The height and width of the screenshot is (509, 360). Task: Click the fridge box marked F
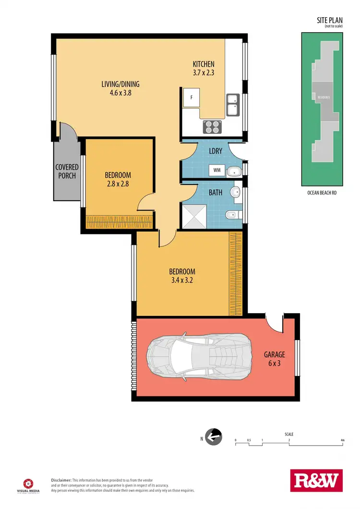point(192,97)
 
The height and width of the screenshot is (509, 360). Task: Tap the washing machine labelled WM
point(216,170)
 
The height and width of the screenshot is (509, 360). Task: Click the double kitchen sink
point(233,105)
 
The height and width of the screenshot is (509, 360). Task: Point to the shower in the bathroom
point(194,216)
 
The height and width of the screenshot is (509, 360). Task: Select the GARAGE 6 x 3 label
point(274,359)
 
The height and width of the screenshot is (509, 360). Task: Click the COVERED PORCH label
point(67,171)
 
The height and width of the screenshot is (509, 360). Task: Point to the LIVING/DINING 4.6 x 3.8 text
point(120,89)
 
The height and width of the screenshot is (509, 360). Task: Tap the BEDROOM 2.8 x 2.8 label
point(118,179)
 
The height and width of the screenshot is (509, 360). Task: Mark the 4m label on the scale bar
point(342,440)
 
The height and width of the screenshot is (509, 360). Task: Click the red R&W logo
point(316,481)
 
